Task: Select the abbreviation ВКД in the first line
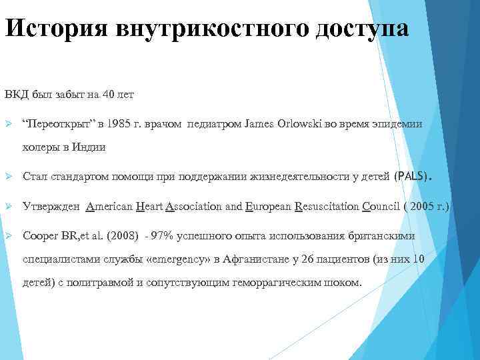pos(15,95)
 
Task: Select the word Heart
pos(147,207)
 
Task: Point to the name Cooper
pos(39,237)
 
